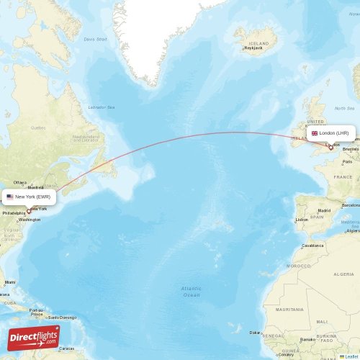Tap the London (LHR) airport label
(x=330, y=133)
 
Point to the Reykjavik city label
(x=253, y=48)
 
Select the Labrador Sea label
(x=102, y=107)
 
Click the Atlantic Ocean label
(x=191, y=291)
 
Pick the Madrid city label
(x=324, y=211)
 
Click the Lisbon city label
(x=302, y=220)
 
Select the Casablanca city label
(x=312, y=245)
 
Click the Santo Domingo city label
(x=62, y=318)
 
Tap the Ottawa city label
(x=19, y=182)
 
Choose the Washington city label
(x=30, y=219)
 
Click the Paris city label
(x=328, y=162)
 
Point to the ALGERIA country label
(x=343, y=274)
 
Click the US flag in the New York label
(x=10, y=196)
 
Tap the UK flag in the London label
(x=315, y=133)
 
